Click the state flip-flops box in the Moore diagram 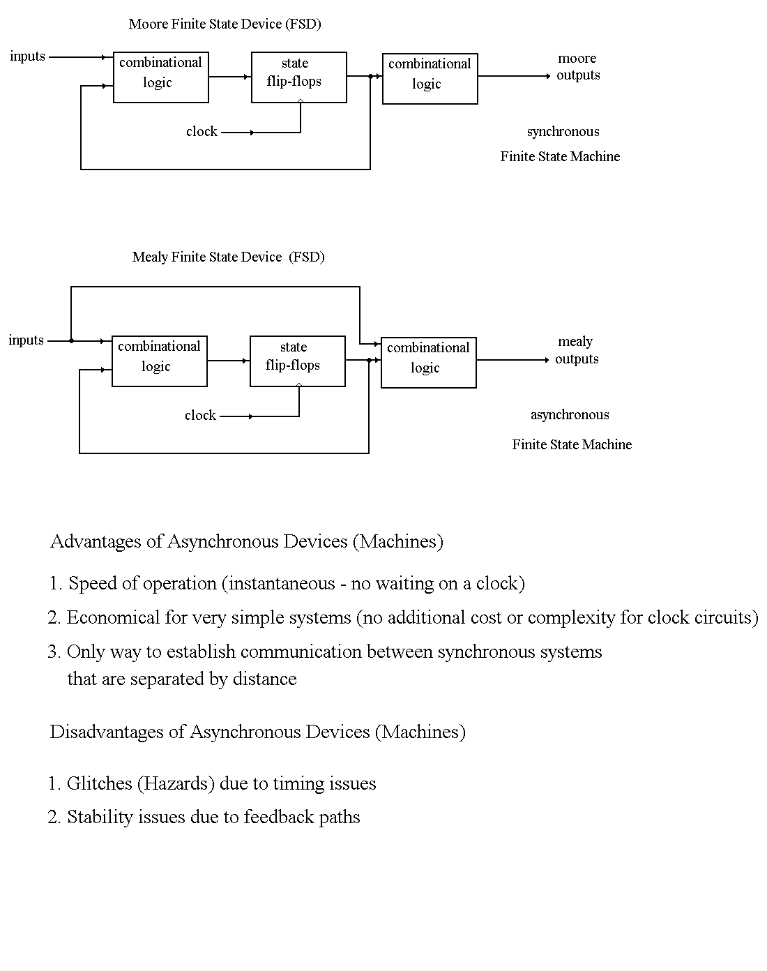click(x=298, y=77)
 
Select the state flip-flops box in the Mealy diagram click(x=297, y=361)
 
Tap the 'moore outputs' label click(x=578, y=67)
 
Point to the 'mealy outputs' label click(x=577, y=350)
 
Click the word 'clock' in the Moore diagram click(x=202, y=132)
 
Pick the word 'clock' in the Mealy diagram click(x=200, y=416)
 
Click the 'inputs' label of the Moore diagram click(x=28, y=57)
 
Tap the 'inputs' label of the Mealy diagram click(x=26, y=340)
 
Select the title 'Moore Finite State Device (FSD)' click(x=225, y=24)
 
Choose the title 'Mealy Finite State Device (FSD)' click(x=228, y=257)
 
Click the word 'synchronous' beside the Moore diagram click(x=563, y=132)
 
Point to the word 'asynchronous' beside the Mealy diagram click(x=570, y=415)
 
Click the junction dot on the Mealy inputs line click(x=71, y=341)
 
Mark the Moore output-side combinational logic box click(x=430, y=79)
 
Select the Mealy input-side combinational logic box click(x=159, y=361)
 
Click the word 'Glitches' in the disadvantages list click(x=98, y=784)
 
